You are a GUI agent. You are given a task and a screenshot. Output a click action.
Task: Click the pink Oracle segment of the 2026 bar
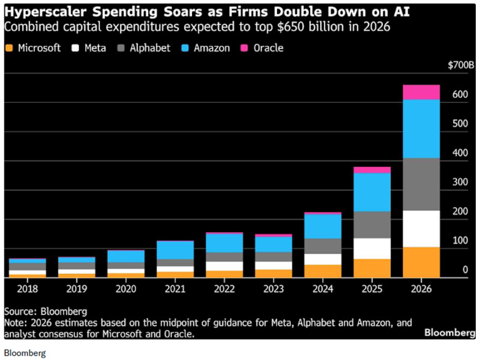tap(421, 92)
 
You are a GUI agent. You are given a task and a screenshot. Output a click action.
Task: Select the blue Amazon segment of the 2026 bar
tap(421, 129)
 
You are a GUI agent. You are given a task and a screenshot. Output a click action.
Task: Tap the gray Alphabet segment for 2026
tap(421, 184)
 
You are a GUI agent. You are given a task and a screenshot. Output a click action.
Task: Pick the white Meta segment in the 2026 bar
tap(421, 228)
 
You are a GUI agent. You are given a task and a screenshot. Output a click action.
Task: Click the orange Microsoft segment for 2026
tap(421, 262)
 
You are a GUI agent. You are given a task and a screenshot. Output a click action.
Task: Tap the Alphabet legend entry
tap(149, 48)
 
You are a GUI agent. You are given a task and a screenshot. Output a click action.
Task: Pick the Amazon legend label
tap(212, 48)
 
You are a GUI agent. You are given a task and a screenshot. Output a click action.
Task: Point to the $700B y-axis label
tap(461, 65)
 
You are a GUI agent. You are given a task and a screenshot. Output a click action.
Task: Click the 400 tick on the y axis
tap(461, 153)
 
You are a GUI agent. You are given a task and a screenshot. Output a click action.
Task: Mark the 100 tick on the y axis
tap(461, 241)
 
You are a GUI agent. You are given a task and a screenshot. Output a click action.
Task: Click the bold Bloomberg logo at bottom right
tap(448, 332)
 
